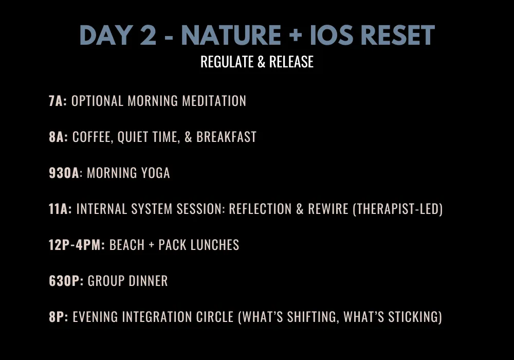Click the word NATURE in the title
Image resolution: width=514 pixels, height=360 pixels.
coord(231,35)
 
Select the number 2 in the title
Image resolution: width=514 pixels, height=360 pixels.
coord(148,35)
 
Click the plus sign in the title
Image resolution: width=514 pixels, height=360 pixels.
coord(296,35)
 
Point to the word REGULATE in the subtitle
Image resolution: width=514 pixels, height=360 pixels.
coord(227,62)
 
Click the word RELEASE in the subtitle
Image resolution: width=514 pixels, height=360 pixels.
coord(291,62)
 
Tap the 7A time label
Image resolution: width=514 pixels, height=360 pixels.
coord(58,101)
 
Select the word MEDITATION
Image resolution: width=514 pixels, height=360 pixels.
coord(214,101)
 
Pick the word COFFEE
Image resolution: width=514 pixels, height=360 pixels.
coord(93,137)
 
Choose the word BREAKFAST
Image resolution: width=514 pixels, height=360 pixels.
coord(226,137)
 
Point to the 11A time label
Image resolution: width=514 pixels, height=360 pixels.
coord(60,209)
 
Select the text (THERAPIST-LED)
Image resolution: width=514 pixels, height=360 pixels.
coord(398,209)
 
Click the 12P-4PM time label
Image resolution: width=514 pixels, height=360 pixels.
coord(77,245)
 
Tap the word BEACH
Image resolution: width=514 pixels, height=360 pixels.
coord(127,245)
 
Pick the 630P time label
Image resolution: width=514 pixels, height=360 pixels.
coord(66,281)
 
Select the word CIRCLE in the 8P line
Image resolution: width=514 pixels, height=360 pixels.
coord(215,317)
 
